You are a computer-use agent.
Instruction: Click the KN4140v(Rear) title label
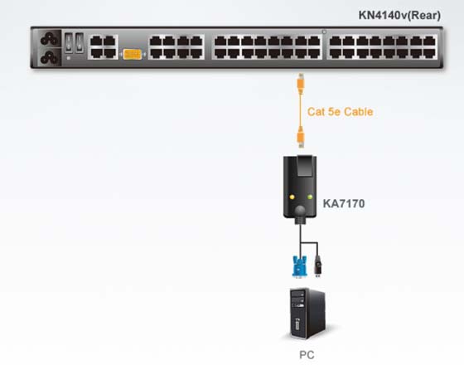point(399,15)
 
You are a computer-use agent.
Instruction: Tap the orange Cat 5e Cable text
point(340,112)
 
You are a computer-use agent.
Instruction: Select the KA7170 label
point(344,203)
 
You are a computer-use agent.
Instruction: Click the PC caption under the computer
point(307,355)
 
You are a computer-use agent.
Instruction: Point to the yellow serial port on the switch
point(133,55)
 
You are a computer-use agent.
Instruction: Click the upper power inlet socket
point(50,38)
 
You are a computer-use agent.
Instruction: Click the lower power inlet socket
point(50,57)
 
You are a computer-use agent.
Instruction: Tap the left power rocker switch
point(69,43)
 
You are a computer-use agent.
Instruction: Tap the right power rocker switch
point(80,43)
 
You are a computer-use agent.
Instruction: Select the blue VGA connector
point(299,267)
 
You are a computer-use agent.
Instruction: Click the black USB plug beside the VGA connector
point(318,265)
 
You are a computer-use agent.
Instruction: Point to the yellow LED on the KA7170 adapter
point(292,197)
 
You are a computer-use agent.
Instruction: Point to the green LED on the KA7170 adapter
point(310,197)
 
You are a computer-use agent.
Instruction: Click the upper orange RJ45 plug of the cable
point(301,84)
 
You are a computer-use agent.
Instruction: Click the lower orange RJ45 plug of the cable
point(301,137)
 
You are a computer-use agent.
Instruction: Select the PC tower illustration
point(307,314)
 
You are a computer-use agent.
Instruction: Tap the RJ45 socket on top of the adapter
point(305,166)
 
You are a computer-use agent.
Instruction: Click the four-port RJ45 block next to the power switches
point(104,47)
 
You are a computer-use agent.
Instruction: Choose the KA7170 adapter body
point(300,187)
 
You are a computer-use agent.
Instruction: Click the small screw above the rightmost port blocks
point(324,32)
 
